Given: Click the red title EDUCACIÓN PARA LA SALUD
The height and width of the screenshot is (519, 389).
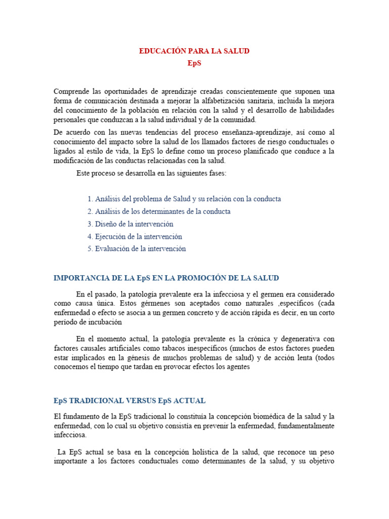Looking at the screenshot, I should (x=194, y=51).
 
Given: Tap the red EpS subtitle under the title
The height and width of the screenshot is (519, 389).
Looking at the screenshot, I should (x=194, y=63).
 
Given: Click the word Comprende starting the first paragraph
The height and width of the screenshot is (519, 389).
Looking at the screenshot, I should (x=71, y=91).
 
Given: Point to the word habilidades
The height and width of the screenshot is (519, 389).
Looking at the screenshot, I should (x=314, y=110).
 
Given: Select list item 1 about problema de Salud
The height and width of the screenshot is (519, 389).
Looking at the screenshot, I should (x=184, y=199).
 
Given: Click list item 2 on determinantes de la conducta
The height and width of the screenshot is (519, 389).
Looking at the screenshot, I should (x=159, y=211).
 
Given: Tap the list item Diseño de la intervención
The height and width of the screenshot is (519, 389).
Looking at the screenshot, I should (x=130, y=224).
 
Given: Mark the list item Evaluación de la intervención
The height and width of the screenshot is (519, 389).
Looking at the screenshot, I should (x=136, y=249).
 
